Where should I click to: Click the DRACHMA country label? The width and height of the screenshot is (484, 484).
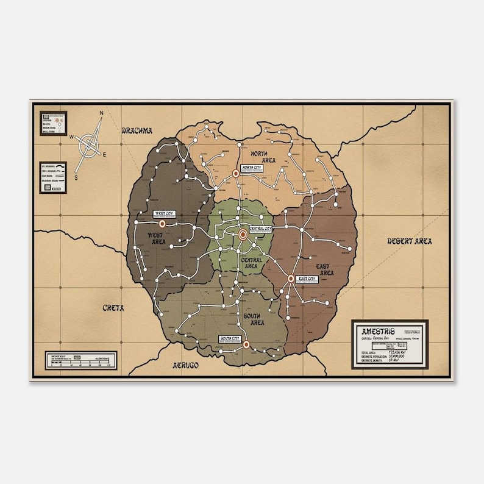136,130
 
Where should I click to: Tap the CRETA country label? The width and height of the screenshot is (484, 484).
113,308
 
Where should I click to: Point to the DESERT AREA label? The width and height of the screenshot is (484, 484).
410,241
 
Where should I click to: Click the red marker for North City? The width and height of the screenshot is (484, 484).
236,174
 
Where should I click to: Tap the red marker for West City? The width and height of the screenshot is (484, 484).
162,224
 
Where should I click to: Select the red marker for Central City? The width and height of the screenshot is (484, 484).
243,234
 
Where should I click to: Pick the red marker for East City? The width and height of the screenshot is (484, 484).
291,279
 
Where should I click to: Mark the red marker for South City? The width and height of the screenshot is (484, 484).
246,344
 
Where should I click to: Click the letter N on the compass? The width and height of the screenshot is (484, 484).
102,113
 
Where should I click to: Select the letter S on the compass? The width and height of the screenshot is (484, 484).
76,177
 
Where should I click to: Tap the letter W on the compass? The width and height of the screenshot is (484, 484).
71,137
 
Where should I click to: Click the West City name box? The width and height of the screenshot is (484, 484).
163,214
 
